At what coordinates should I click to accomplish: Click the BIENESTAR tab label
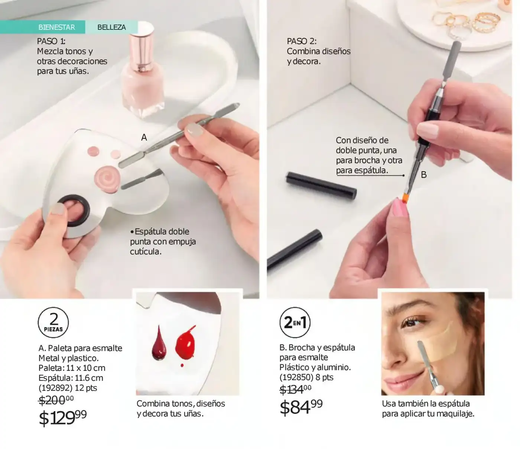point(56,27)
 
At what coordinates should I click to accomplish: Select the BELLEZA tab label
point(111,27)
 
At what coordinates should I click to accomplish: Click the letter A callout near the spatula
point(144,137)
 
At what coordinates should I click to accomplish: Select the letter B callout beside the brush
point(424,174)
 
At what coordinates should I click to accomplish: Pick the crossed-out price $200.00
point(56,400)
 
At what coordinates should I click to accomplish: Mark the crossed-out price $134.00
point(295,390)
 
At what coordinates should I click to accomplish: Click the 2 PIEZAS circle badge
point(53,323)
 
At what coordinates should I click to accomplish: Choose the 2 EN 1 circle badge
point(295,322)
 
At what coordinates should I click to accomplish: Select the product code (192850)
point(296,377)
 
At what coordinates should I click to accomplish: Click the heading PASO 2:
point(302,41)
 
